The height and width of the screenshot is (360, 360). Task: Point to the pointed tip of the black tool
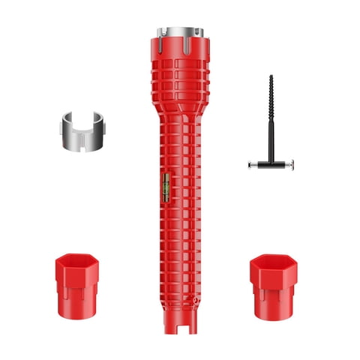tap(271, 76)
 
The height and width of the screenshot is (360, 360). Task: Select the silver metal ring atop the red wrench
tap(178, 34)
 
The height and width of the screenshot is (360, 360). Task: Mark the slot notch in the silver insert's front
tap(77, 141)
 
